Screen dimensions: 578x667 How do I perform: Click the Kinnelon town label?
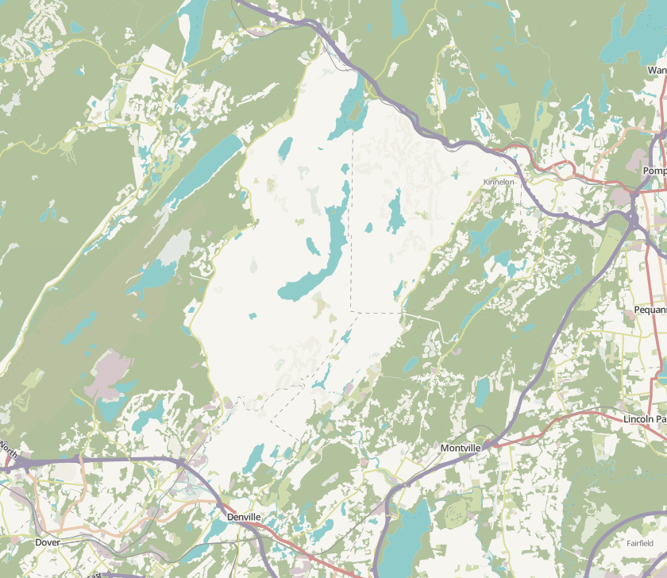499,182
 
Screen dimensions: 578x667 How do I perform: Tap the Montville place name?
461,449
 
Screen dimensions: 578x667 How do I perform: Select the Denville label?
244,517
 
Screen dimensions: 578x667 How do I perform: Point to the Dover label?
48,542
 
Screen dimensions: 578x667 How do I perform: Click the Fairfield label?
639,543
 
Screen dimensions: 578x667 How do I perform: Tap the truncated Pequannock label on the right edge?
650,310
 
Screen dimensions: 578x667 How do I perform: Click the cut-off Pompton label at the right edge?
654,171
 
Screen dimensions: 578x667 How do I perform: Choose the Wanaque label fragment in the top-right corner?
657,70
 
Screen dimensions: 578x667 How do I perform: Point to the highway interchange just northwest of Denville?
182,461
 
